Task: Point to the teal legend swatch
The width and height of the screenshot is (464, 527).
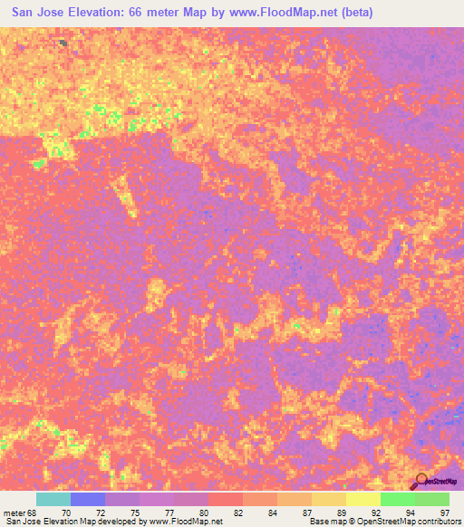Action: tap(53, 499)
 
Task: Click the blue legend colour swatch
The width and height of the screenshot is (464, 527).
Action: tap(88, 499)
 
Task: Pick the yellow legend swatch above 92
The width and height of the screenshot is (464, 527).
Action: tap(363, 499)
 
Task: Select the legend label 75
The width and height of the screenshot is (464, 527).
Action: tap(134, 513)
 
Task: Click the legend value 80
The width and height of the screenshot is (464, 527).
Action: tap(203, 513)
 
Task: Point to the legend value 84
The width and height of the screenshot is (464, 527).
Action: tap(272, 513)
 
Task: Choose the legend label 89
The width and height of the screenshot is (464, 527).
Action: tap(341, 513)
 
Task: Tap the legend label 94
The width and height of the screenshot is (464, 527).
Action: tap(410, 513)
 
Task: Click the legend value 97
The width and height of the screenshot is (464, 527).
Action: tap(444, 513)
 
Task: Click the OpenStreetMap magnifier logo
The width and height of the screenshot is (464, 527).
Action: tap(421, 480)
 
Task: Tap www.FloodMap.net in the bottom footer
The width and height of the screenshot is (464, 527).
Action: tap(188, 522)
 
